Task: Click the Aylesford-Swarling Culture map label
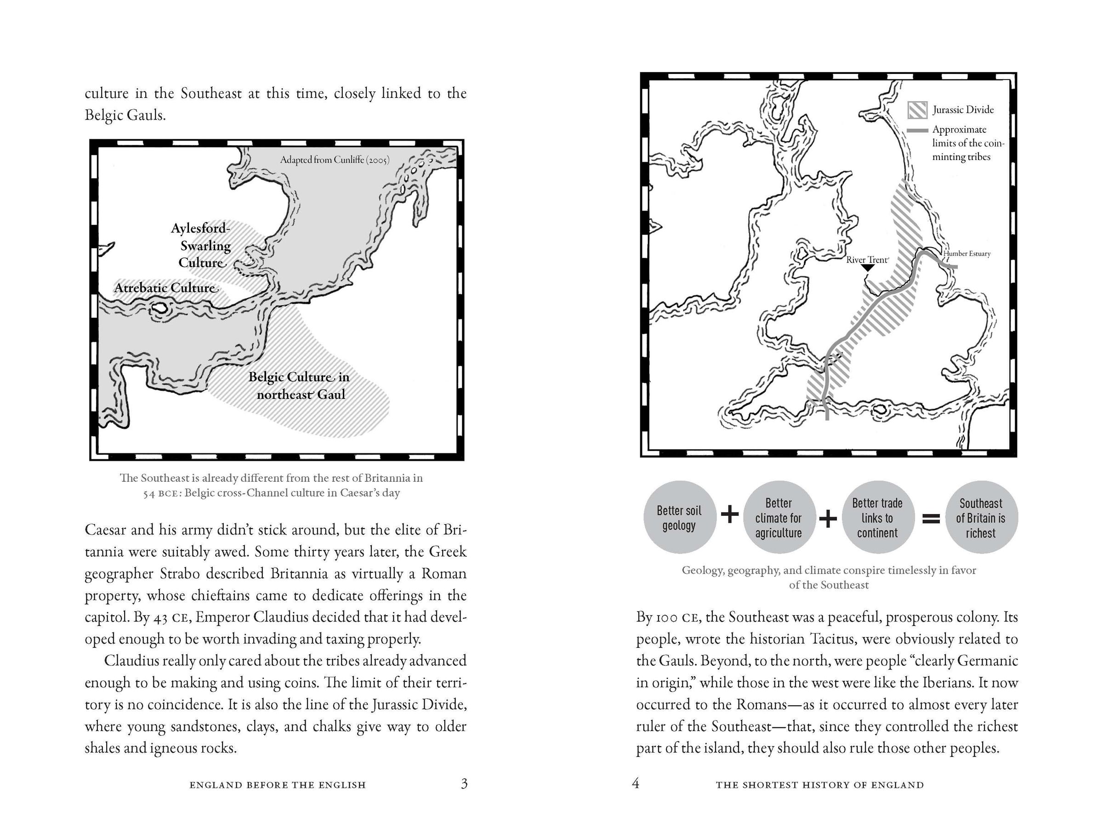pos(201,246)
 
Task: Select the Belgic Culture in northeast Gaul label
pos(299,386)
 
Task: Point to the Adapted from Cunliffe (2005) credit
pos(335,160)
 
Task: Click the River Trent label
pos(867,260)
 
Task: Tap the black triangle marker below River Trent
pos(868,268)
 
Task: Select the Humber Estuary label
pos(967,254)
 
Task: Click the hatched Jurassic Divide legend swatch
pos(917,110)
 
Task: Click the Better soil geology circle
pos(679,518)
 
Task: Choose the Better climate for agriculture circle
pos(779,518)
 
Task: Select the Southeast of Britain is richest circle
pos(980,518)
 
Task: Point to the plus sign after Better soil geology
pos(729,515)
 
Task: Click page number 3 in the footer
pos(464,784)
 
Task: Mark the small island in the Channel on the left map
pos(160,308)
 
